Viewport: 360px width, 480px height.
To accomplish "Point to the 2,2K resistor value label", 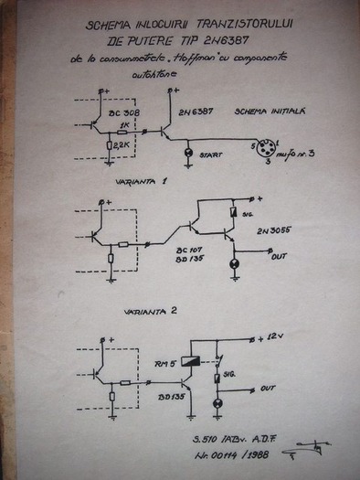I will (x=124, y=143).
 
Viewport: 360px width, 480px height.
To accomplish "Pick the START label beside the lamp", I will (x=211, y=155).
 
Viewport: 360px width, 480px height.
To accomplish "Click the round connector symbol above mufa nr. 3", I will (x=273, y=148).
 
